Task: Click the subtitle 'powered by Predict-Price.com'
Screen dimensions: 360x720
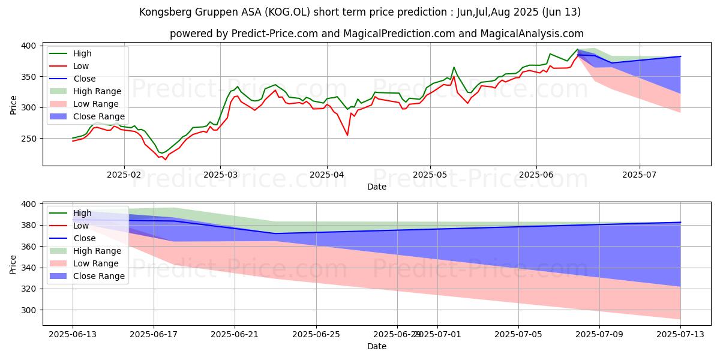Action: click(376, 34)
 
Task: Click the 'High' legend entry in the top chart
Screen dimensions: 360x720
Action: click(82, 54)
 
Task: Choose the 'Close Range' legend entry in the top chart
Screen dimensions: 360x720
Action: click(99, 117)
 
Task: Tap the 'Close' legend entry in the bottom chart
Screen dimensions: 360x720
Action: click(84, 238)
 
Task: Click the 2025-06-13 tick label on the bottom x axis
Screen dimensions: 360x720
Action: click(73, 335)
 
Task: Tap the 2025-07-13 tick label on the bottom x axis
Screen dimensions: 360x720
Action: click(680, 335)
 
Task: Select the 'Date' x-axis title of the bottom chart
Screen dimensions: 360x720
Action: click(376, 346)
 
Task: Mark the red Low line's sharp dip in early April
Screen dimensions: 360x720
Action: click(347, 135)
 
